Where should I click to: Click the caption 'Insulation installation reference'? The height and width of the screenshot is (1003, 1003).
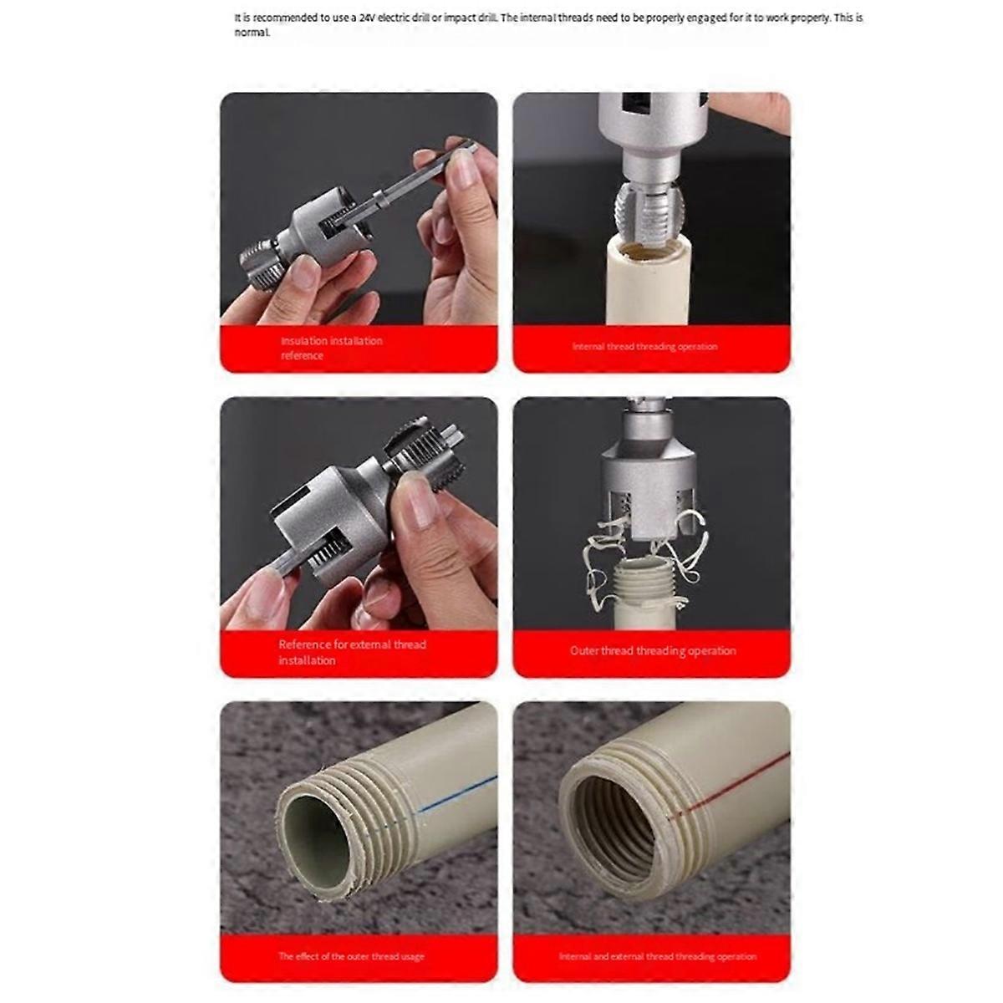point(331,348)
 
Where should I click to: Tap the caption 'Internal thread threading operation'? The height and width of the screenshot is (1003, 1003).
point(644,346)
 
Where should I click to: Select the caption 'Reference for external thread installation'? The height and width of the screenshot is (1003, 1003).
point(352,652)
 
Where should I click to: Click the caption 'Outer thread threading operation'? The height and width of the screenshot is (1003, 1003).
point(653,650)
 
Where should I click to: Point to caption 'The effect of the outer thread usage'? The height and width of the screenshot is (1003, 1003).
point(351,956)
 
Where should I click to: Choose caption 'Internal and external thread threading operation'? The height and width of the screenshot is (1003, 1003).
point(657,956)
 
